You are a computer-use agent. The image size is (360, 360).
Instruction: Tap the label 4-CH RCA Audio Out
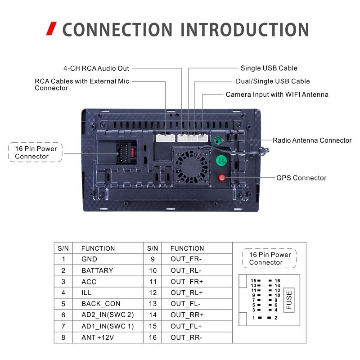96,68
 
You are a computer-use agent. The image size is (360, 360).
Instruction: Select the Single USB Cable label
269,68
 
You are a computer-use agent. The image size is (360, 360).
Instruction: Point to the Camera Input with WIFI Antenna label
277,94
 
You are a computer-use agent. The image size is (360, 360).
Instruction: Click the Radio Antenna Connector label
312,140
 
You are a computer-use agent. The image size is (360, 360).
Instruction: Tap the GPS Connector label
301,178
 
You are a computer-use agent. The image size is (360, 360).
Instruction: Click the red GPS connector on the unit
221,177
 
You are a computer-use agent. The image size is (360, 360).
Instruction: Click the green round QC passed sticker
221,160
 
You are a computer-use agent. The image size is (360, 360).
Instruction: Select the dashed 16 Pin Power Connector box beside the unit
36,152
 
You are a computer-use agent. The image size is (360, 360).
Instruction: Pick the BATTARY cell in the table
97,270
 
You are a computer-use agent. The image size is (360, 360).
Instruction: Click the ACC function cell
89,282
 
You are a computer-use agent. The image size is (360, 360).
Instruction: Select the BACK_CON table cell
101,304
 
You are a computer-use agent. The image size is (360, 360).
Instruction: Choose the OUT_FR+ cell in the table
186,282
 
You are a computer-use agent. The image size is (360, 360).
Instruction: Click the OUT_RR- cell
186,337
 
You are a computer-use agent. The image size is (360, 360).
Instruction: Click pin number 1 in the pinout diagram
254,318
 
